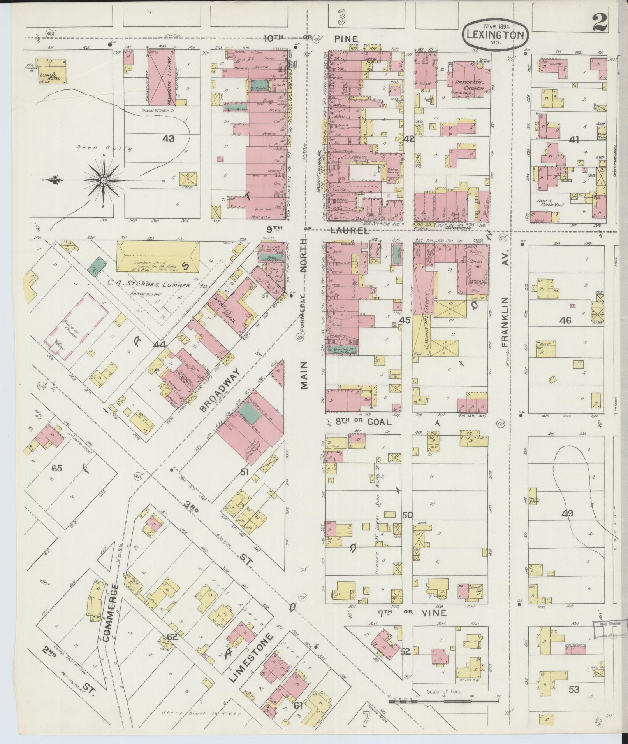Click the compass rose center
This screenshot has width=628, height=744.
(104, 181)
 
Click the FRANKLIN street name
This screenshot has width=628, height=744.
(505, 322)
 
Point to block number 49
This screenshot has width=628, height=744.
(567, 514)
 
